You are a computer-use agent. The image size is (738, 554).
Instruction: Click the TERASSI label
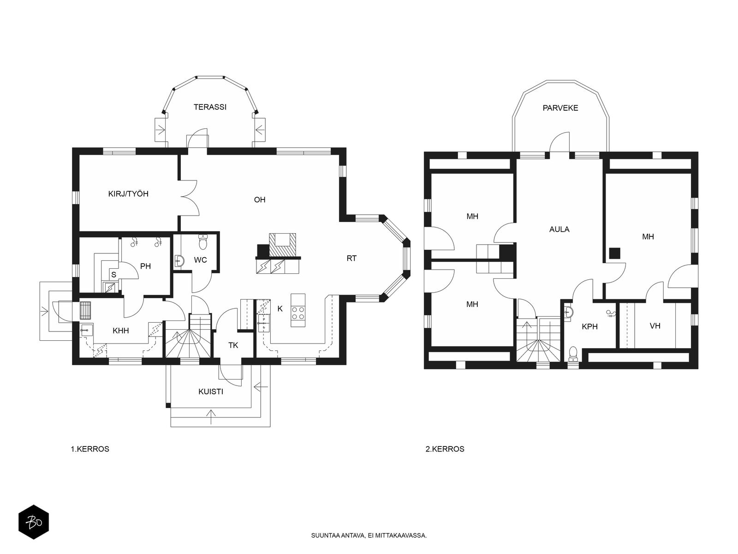(x=210, y=107)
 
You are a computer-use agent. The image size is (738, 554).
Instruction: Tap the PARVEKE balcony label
(x=560, y=108)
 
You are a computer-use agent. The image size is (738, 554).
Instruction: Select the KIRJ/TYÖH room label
(x=128, y=194)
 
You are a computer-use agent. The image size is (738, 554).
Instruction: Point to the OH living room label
(x=260, y=200)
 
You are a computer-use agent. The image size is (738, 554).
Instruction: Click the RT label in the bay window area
(x=351, y=259)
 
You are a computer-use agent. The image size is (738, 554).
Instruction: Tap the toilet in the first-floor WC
(x=203, y=242)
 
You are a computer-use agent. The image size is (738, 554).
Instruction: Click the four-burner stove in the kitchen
(x=298, y=313)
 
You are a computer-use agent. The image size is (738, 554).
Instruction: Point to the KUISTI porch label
(x=211, y=392)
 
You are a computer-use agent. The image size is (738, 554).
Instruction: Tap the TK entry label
(x=233, y=345)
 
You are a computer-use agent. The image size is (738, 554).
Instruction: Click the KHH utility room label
(x=121, y=331)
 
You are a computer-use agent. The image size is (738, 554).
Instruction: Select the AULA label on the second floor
(x=559, y=229)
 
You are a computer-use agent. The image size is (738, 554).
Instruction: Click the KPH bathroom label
(x=589, y=326)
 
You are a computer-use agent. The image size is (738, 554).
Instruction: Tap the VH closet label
(x=655, y=325)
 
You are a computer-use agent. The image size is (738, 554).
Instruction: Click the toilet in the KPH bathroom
(x=573, y=355)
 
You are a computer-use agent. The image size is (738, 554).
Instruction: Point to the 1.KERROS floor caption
(x=90, y=449)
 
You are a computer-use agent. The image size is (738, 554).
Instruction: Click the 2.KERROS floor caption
(x=445, y=449)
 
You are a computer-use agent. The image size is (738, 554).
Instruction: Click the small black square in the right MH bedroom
(x=615, y=253)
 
